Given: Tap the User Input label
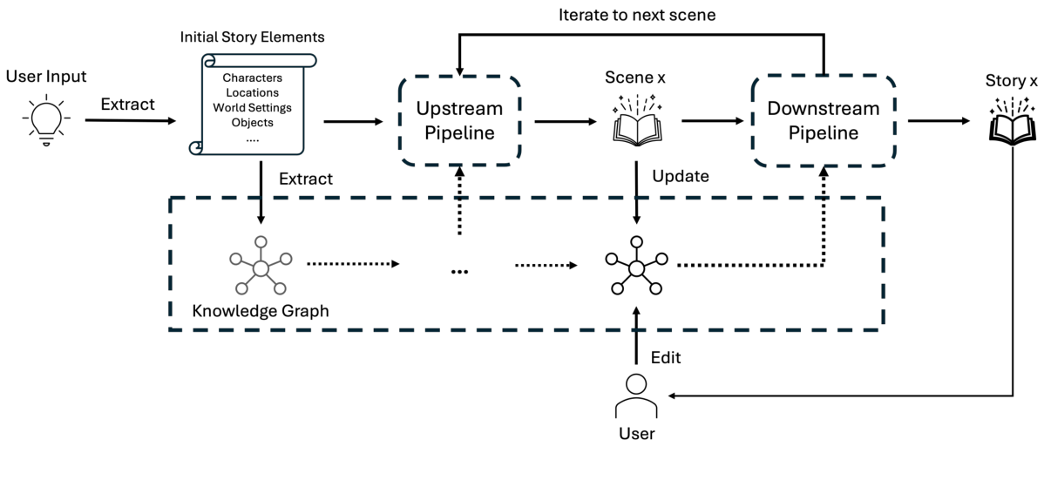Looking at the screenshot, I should tap(46, 77).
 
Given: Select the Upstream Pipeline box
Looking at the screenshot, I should tap(458, 121).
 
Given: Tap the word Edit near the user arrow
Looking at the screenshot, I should tap(666, 358).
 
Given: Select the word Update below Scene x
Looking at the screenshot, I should tap(680, 176).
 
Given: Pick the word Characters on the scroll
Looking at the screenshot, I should tap(253, 78).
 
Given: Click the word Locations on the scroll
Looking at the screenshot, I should tap(253, 92).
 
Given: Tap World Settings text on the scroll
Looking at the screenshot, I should tap(253, 107).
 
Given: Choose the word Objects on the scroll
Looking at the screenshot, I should tap(253, 122).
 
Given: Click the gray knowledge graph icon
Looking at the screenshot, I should tap(257, 266).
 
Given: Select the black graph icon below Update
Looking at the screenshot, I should tap(635, 266).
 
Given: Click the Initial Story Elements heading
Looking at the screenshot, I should tap(253, 37).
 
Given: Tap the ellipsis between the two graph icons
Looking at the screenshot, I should tap(459, 270).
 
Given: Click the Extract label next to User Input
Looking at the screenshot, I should tap(127, 104).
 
